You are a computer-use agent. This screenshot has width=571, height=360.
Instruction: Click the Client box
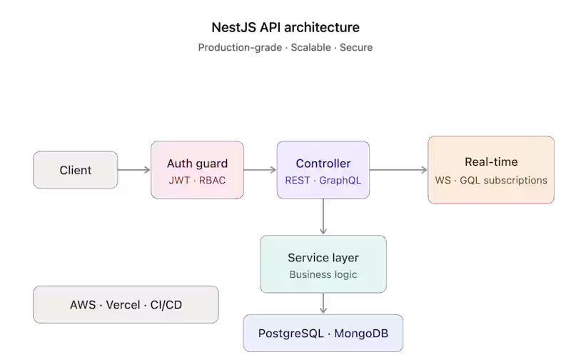(76, 170)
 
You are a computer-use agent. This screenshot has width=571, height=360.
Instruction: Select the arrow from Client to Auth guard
(133, 170)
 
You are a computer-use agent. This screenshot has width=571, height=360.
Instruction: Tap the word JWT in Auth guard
(179, 181)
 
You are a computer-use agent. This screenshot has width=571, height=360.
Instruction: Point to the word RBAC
(212, 181)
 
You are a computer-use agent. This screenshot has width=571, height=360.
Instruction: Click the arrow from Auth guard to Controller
(260, 170)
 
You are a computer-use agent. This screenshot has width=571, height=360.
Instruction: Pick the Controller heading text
(323, 164)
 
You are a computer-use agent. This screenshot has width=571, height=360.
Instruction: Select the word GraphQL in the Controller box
(340, 181)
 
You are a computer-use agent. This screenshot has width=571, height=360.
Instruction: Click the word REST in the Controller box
(298, 181)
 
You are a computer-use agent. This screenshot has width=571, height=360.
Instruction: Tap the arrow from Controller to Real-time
(398, 170)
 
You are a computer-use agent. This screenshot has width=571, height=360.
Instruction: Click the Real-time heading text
(491, 161)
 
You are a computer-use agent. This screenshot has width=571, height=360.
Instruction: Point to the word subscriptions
(515, 181)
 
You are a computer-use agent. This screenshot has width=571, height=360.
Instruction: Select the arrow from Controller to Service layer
(323, 216)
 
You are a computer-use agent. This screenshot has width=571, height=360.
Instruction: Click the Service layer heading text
(323, 258)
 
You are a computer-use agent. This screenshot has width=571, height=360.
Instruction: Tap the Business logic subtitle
(323, 274)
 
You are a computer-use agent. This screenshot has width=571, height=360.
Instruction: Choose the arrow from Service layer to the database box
(323, 303)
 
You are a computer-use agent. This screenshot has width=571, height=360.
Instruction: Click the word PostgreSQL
(290, 334)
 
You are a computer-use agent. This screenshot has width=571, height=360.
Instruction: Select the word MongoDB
(361, 334)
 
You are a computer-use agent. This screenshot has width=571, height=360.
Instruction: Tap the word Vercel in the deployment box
(123, 304)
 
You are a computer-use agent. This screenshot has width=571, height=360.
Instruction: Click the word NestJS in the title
(234, 27)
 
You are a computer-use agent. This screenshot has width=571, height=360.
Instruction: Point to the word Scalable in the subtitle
(310, 47)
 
